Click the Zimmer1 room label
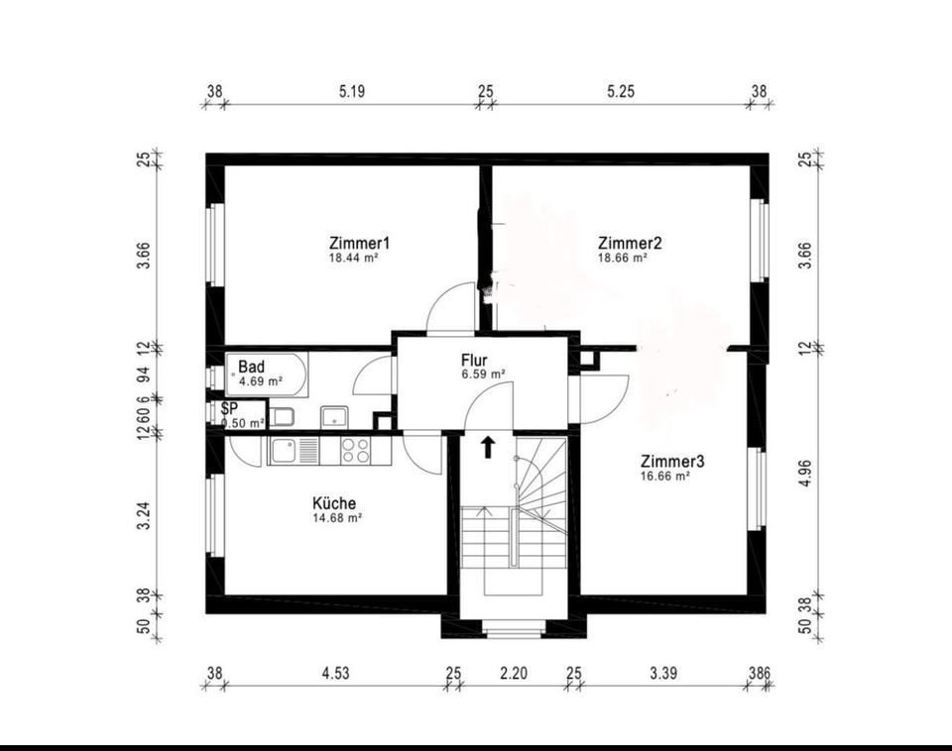click(359, 244)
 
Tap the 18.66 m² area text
click(623, 258)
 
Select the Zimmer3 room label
click(672, 462)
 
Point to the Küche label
click(334, 503)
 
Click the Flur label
click(474, 361)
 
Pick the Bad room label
click(251, 367)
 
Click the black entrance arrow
click(488, 447)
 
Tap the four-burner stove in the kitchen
click(355, 451)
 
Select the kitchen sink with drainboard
click(293, 452)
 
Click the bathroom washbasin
click(333, 417)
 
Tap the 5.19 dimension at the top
click(352, 91)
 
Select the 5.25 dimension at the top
click(621, 91)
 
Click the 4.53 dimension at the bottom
click(336, 673)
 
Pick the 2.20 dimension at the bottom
click(514, 673)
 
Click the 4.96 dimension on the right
click(805, 474)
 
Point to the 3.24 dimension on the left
click(143, 515)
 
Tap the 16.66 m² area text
click(665, 477)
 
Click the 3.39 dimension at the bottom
click(663, 673)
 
